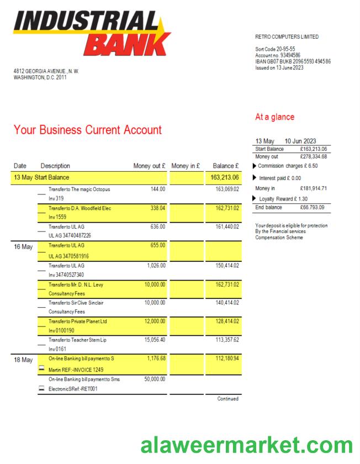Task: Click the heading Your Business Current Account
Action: coord(88,130)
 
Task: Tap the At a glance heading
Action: coord(274,117)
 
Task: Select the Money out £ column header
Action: coord(149,166)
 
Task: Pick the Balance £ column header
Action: coord(225,166)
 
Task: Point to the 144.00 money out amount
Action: coord(158,189)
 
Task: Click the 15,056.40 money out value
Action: coord(154,340)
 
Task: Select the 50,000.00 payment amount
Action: coord(154,379)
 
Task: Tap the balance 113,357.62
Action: coord(227,340)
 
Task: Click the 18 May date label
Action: coord(23,360)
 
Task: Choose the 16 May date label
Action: coord(23,247)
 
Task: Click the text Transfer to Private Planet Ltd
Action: coord(78,321)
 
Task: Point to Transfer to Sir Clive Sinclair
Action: coord(76,303)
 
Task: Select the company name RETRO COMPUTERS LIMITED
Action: coord(287,37)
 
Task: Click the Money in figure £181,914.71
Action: coord(313,188)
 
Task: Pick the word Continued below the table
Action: coord(227,399)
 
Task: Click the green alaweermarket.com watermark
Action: coord(246,445)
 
